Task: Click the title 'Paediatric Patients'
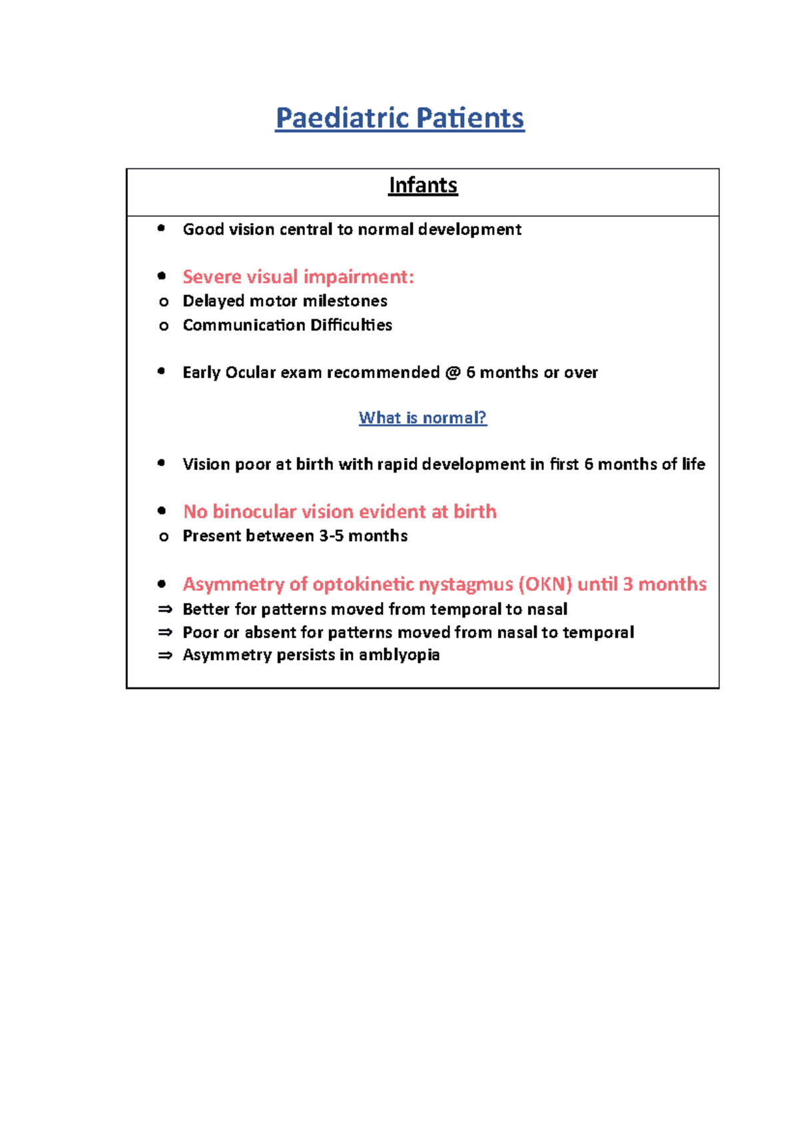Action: point(400,118)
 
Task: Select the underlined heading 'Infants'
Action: point(423,185)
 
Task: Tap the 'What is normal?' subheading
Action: point(423,418)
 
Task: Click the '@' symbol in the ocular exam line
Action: point(453,373)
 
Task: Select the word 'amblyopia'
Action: point(399,656)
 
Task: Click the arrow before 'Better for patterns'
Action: point(164,609)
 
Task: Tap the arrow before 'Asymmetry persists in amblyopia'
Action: point(164,656)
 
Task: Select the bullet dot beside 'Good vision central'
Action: point(161,229)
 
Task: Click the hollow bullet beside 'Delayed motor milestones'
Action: point(164,302)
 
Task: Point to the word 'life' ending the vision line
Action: point(693,465)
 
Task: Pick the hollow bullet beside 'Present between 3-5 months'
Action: point(164,537)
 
